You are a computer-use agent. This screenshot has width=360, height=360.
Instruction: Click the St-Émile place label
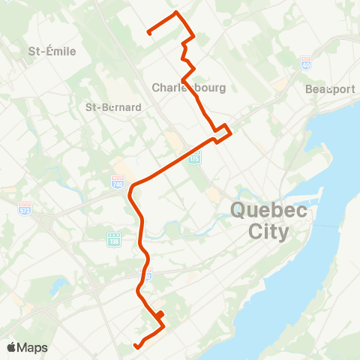click(52, 51)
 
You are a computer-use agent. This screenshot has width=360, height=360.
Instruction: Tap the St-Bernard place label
click(113, 107)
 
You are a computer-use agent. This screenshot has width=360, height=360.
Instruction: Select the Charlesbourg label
click(188, 88)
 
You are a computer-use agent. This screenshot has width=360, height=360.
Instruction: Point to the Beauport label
click(330, 88)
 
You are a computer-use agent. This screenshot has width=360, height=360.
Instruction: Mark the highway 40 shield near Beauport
click(306, 62)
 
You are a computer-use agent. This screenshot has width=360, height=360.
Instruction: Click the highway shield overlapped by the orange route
click(147, 274)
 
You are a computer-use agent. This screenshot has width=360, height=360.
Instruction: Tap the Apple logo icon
click(12, 347)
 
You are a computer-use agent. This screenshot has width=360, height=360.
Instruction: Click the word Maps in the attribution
click(33, 347)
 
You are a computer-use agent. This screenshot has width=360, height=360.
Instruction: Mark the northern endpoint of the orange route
click(148, 32)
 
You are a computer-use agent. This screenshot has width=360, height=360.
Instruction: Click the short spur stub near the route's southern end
click(160, 313)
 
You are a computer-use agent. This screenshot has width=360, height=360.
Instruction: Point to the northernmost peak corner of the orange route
click(176, 13)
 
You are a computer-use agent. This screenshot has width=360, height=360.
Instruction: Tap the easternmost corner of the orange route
click(231, 134)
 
